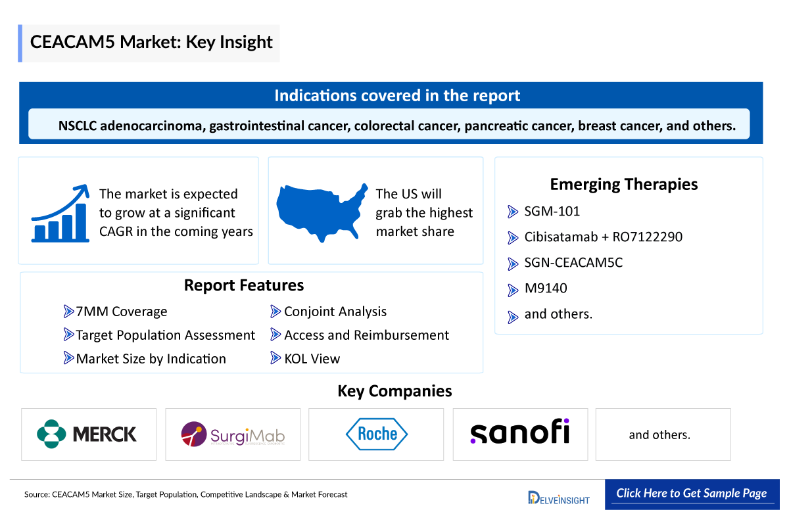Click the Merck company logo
pos(88,434)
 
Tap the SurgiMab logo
pos(233,434)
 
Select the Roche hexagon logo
pos(377,434)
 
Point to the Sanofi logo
pos(520,432)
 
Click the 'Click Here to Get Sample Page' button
pos(691,493)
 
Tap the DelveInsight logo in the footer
pos(558,498)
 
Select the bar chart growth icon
pos(60,213)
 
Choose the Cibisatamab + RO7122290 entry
pos(603,237)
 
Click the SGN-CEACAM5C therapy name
pos(573,263)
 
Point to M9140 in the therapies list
pos(546,289)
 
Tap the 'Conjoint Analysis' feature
pos(335,312)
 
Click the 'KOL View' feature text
pos(312,358)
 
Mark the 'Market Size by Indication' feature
pos(151,358)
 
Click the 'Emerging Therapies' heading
pos(624,185)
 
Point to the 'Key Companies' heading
pos(394,391)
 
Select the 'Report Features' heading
pos(244,285)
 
